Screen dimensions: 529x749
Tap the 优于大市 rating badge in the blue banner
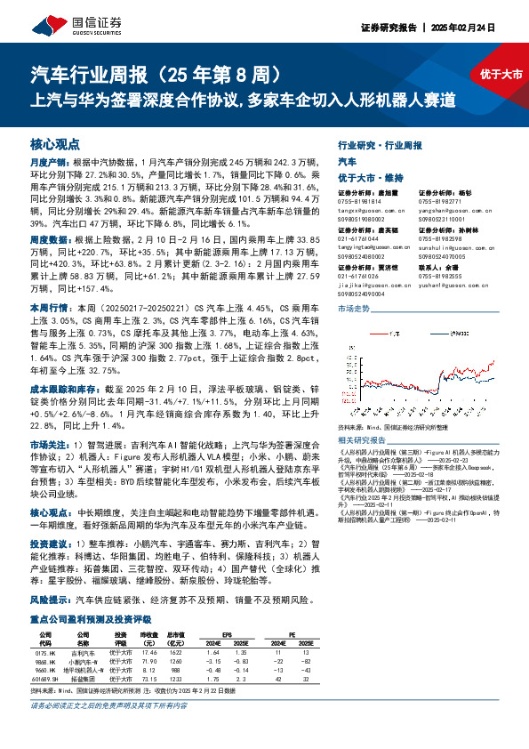click(499, 75)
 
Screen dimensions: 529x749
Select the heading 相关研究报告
click(360, 439)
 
